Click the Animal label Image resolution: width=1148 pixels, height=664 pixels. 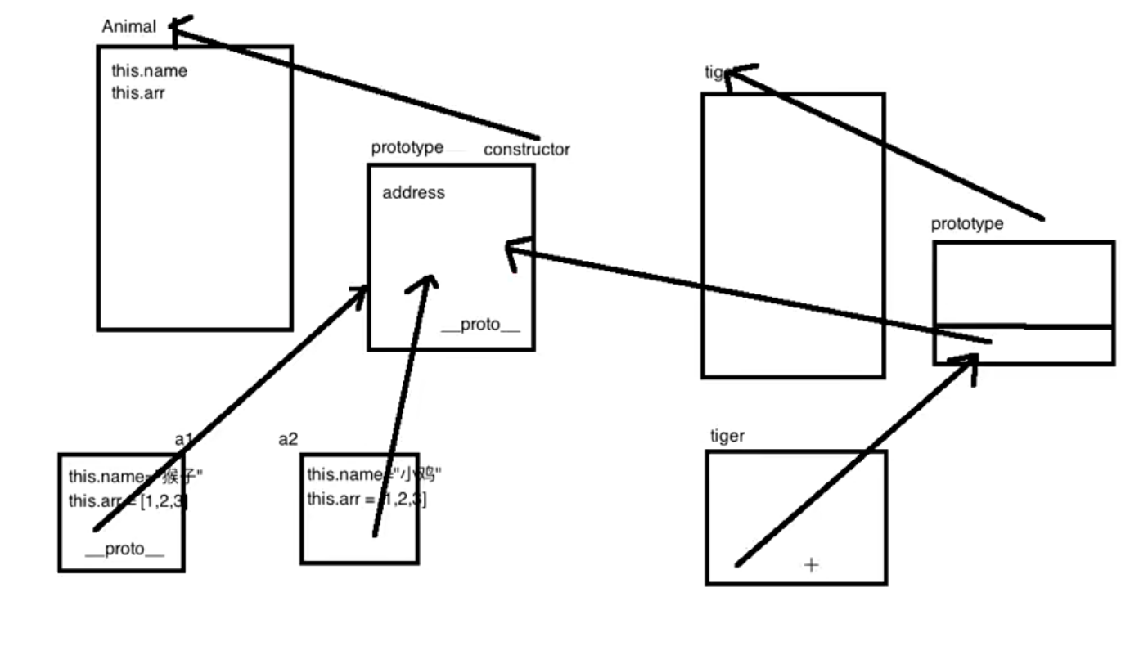pos(128,27)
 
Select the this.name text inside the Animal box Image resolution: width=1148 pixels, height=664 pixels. pos(149,71)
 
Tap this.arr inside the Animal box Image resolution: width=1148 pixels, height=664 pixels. pos(138,93)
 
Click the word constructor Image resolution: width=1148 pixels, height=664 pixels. pos(526,150)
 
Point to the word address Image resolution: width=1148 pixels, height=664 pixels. pos(413,193)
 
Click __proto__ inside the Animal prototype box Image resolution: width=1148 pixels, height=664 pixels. pos(480,325)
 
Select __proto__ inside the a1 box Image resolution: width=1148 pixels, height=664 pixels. pos(124,550)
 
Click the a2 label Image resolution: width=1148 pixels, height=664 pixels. pos(288,439)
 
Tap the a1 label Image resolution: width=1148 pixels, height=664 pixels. pos(182,439)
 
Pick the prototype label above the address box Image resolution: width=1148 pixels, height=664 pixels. pos(407,148)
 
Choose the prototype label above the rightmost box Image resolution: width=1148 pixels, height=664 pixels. pos(966,224)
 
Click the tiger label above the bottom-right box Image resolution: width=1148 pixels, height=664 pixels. pos(727,437)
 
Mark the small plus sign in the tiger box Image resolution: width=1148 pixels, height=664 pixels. pos(811,564)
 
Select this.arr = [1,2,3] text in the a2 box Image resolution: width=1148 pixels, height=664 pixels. pos(367,498)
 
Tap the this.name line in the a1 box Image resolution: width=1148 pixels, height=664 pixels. pos(135,477)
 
